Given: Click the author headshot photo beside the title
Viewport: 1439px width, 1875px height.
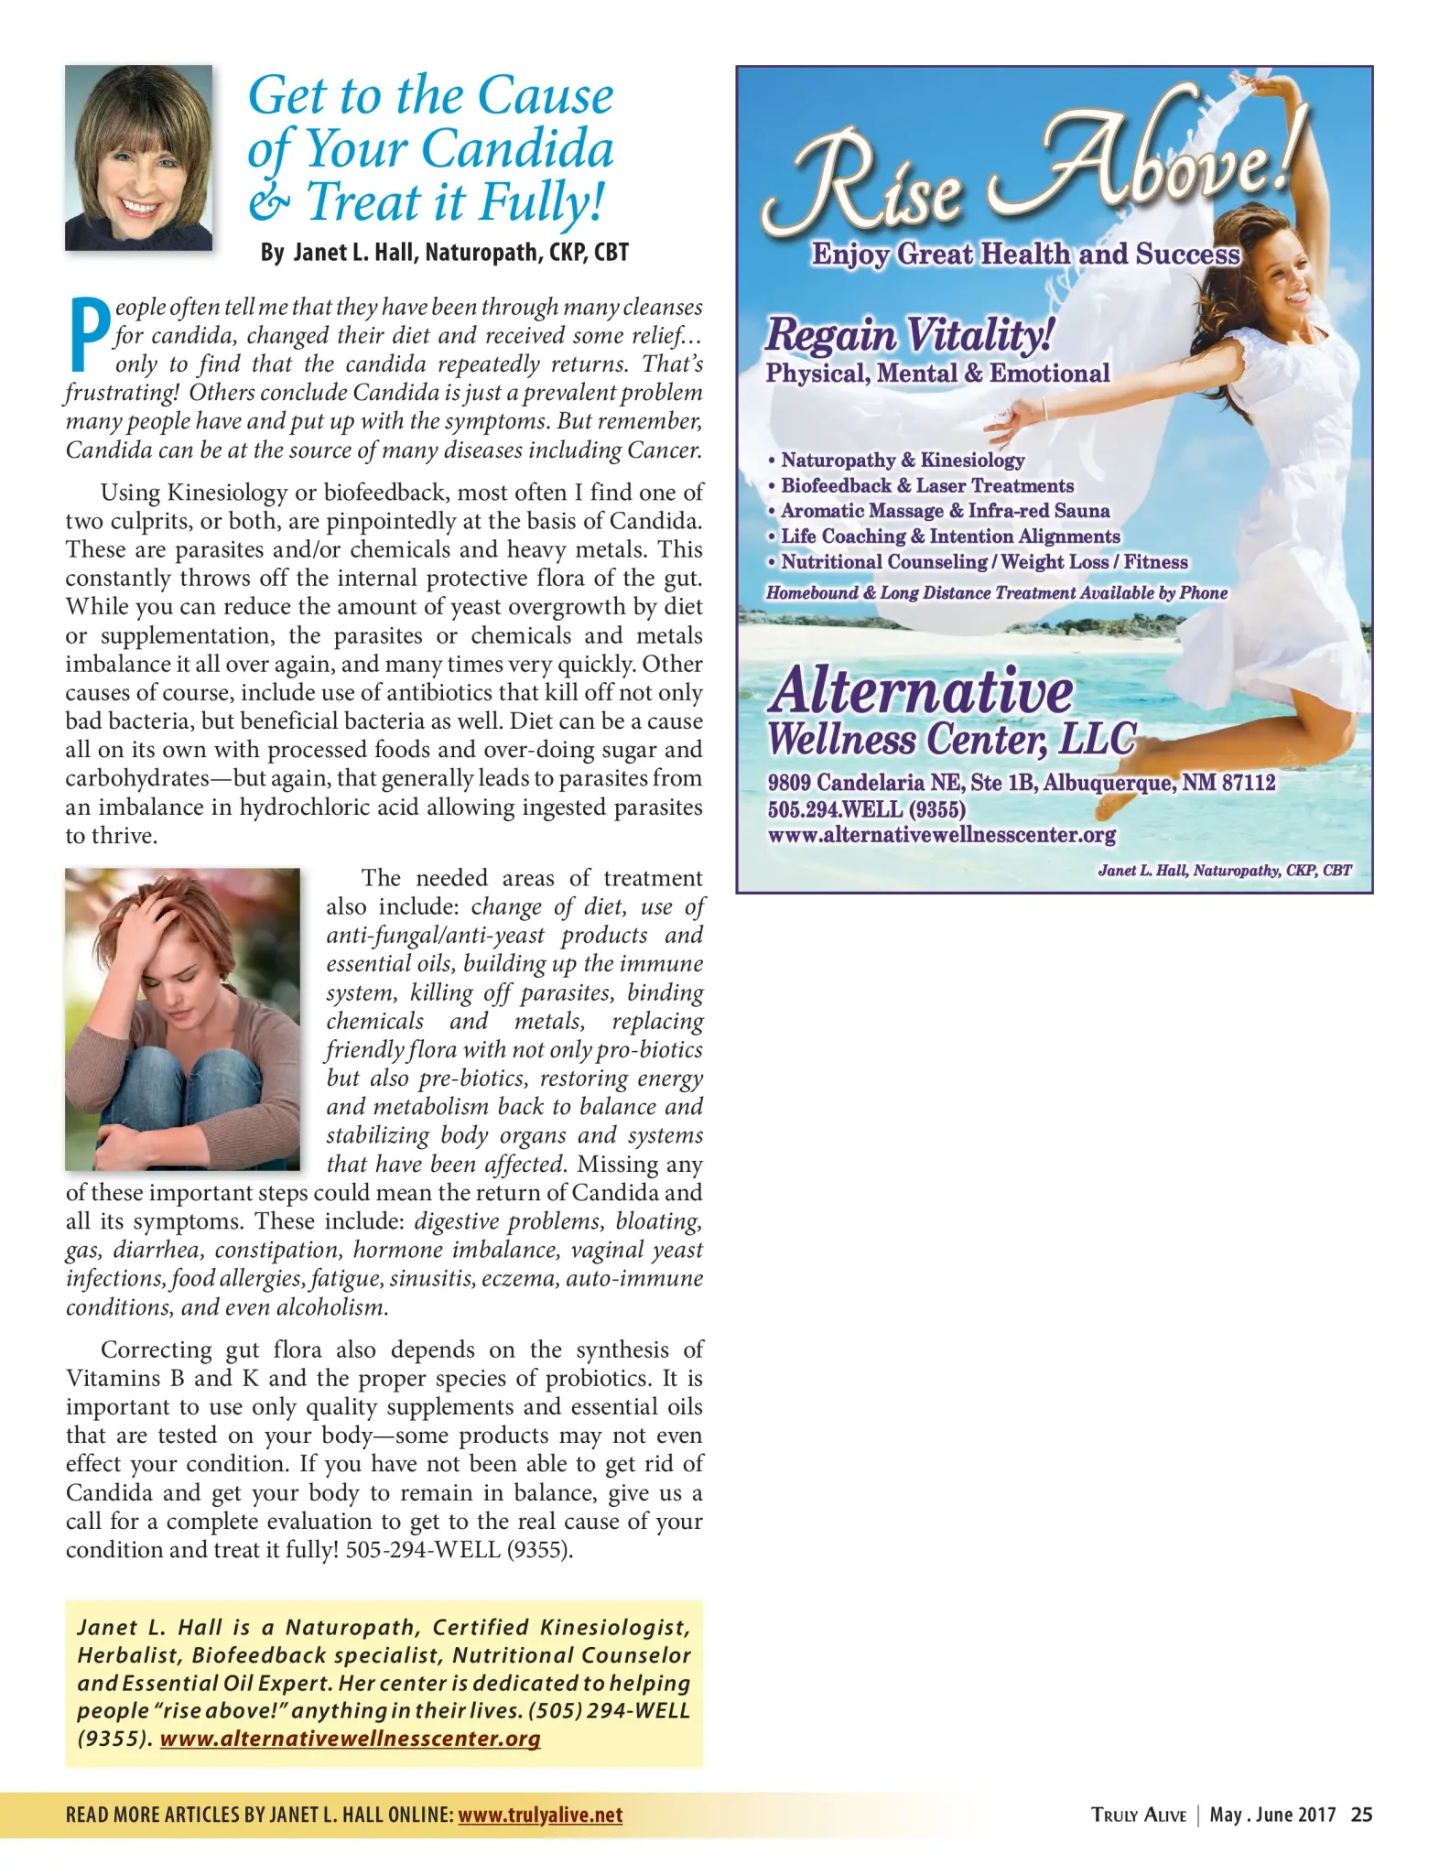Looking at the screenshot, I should point(138,157).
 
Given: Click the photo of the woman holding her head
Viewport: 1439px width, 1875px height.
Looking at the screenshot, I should point(182,1018).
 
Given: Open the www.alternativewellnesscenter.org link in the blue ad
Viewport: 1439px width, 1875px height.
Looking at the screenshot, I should point(941,835).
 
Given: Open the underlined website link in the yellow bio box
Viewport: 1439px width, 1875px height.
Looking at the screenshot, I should point(350,1739).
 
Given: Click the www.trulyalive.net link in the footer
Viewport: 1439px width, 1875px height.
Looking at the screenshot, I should point(540,1815).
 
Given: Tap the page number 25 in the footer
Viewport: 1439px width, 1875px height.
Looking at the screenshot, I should point(1361,1815).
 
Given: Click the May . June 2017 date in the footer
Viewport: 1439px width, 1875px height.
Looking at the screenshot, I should point(1272,1815).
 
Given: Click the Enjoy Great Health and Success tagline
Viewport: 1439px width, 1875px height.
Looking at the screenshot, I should point(1025,254).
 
